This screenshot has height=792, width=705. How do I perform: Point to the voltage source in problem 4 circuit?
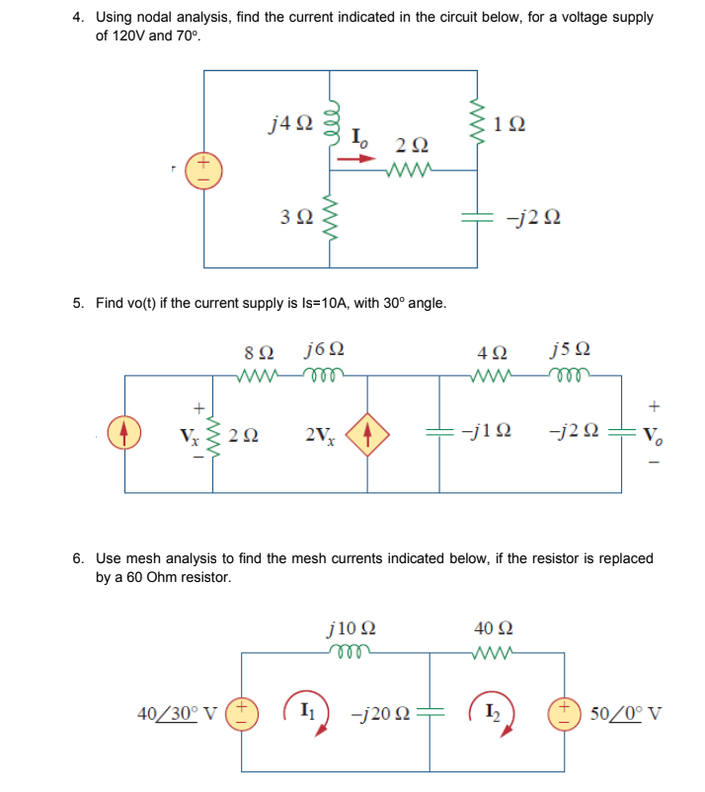204,169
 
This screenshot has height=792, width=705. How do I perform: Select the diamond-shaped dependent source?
371,434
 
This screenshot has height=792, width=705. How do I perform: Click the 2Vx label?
320,435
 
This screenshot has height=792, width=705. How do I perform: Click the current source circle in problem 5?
124,434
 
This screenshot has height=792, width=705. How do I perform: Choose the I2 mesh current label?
494,713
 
